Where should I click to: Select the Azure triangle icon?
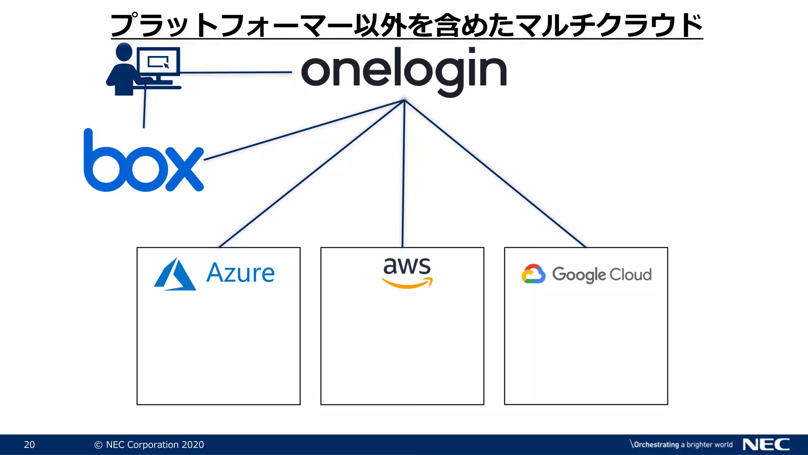coord(174,275)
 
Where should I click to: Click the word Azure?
coord(240,273)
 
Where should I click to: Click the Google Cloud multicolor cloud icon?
coord(533,274)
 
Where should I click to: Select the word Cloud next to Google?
coord(630,275)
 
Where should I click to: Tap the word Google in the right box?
coord(578,275)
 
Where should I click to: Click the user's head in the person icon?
coord(124,52)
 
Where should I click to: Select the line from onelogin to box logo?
coord(304,130)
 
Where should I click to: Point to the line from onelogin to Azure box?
coord(312,173)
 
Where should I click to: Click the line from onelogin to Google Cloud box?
coord(495,174)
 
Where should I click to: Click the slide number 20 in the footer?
coord(29,445)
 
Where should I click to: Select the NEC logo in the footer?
coord(766,445)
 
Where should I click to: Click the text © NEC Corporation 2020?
coord(149,445)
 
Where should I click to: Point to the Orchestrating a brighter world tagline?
coord(681,445)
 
